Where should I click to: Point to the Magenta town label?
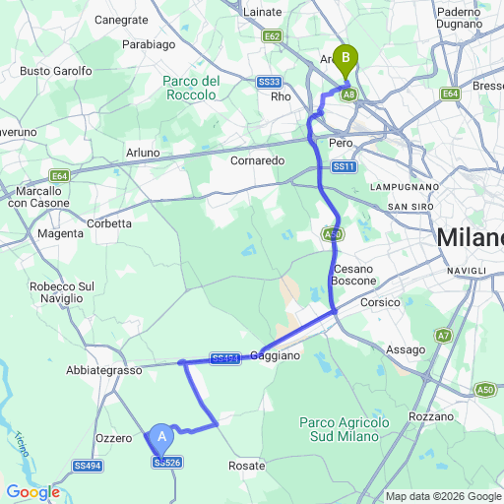tap(60, 233)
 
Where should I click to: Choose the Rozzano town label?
tap(429, 416)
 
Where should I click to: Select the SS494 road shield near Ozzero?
tap(88, 466)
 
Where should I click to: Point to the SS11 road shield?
tap(343, 167)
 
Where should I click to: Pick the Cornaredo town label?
tap(257, 159)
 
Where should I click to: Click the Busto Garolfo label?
tap(56, 71)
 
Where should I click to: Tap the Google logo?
tap(32, 492)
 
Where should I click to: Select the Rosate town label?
tap(246, 465)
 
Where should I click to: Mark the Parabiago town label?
tap(149, 44)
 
